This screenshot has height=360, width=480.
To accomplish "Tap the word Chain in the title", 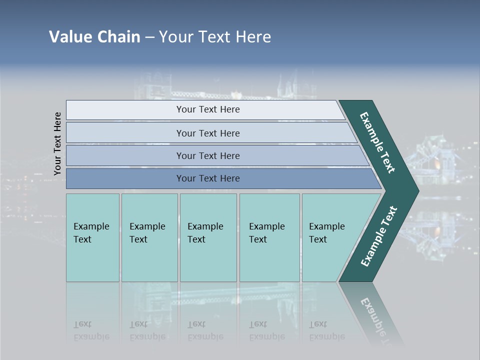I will (118, 37).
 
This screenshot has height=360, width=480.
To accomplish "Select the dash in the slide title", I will (149, 37).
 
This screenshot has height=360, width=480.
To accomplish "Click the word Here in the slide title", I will (253, 37).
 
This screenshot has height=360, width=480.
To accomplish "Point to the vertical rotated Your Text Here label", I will (57, 143).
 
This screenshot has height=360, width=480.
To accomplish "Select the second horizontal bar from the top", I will (208, 133).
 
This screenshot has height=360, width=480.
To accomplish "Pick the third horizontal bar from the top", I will (208, 155).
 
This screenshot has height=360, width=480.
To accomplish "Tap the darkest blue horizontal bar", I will (208, 178).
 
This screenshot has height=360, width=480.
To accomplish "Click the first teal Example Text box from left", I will (92, 237).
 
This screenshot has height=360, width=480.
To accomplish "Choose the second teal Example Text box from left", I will (149, 237).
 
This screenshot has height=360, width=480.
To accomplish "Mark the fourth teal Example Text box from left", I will (269, 237).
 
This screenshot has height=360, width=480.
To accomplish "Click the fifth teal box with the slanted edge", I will (330, 237).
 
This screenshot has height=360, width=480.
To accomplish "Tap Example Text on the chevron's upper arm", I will (377, 142).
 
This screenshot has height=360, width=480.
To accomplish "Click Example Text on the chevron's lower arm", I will (379, 236).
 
